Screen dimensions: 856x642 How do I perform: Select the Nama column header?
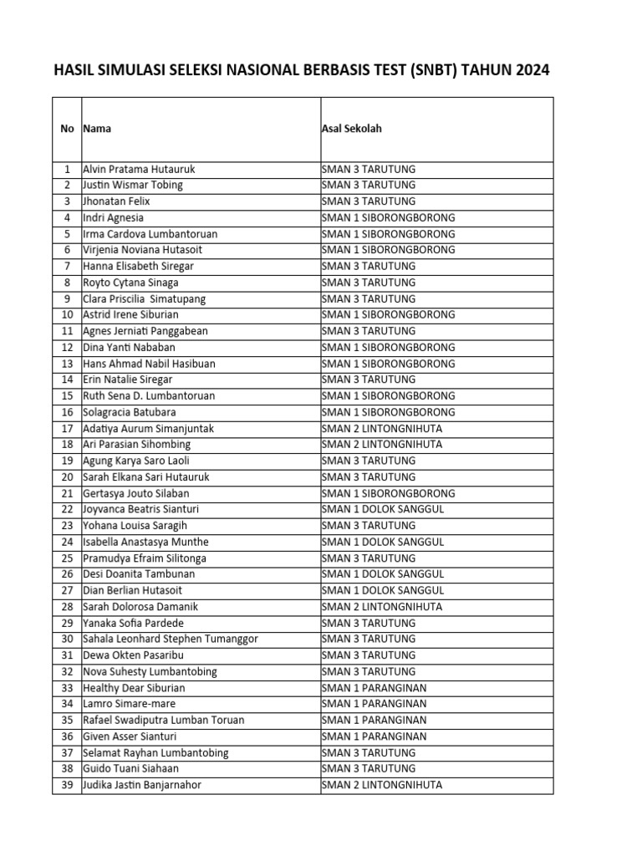click(x=97, y=129)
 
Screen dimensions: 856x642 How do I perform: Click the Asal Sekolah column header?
click(x=352, y=129)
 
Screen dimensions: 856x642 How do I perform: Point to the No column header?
click(x=67, y=129)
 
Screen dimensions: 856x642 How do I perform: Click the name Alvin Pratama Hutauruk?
click(x=139, y=169)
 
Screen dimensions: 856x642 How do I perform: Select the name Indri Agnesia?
click(x=113, y=217)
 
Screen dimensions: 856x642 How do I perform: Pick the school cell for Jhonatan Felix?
click(x=368, y=201)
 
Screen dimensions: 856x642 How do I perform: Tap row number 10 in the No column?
click(x=67, y=315)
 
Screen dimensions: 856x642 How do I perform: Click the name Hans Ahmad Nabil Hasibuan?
click(x=149, y=364)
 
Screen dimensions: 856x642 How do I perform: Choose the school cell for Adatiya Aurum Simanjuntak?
click(x=382, y=429)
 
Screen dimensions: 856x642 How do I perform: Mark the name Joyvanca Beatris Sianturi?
click(x=140, y=509)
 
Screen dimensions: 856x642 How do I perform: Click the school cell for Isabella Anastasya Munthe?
click(x=382, y=542)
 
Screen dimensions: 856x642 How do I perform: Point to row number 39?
click(x=67, y=785)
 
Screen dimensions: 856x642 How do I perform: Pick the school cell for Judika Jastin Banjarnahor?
click(x=382, y=785)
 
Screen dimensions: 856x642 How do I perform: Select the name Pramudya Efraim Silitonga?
click(x=145, y=558)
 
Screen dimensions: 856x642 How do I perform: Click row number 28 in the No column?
click(x=67, y=607)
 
